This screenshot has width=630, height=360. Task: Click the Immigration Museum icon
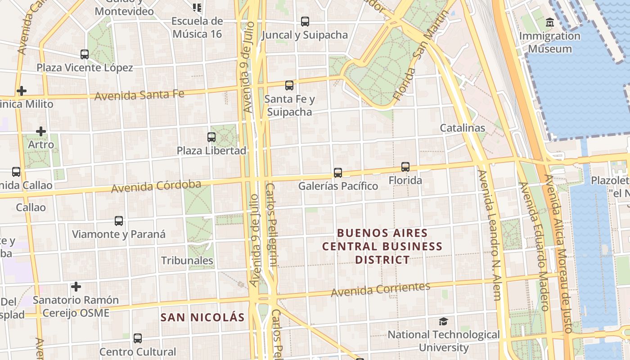(549, 22)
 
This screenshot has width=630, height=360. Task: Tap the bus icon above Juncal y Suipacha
(305, 21)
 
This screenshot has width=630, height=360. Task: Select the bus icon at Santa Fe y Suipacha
(289, 85)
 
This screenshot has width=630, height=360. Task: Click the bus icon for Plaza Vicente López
(84, 54)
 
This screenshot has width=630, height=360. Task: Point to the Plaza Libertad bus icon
(211, 137)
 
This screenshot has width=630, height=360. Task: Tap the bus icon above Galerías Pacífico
(338, 172)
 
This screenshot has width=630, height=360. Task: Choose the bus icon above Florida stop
(405, 167)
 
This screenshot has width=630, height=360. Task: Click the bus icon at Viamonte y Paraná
(119, 221)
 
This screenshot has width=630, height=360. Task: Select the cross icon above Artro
(41, 131)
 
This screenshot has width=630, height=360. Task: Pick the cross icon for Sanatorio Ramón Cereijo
(76, 286)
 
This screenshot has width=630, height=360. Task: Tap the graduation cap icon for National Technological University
(444, 321)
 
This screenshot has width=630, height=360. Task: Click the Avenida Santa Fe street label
(139, 95)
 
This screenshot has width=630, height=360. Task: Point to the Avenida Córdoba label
(156, 186)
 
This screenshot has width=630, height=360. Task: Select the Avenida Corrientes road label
(381, 289)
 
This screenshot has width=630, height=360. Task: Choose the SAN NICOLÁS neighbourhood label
(202, 317)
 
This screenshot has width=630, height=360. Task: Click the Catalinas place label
(463, 128)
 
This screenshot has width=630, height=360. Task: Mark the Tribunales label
(187, 260)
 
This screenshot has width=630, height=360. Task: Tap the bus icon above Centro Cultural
(138, 338)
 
